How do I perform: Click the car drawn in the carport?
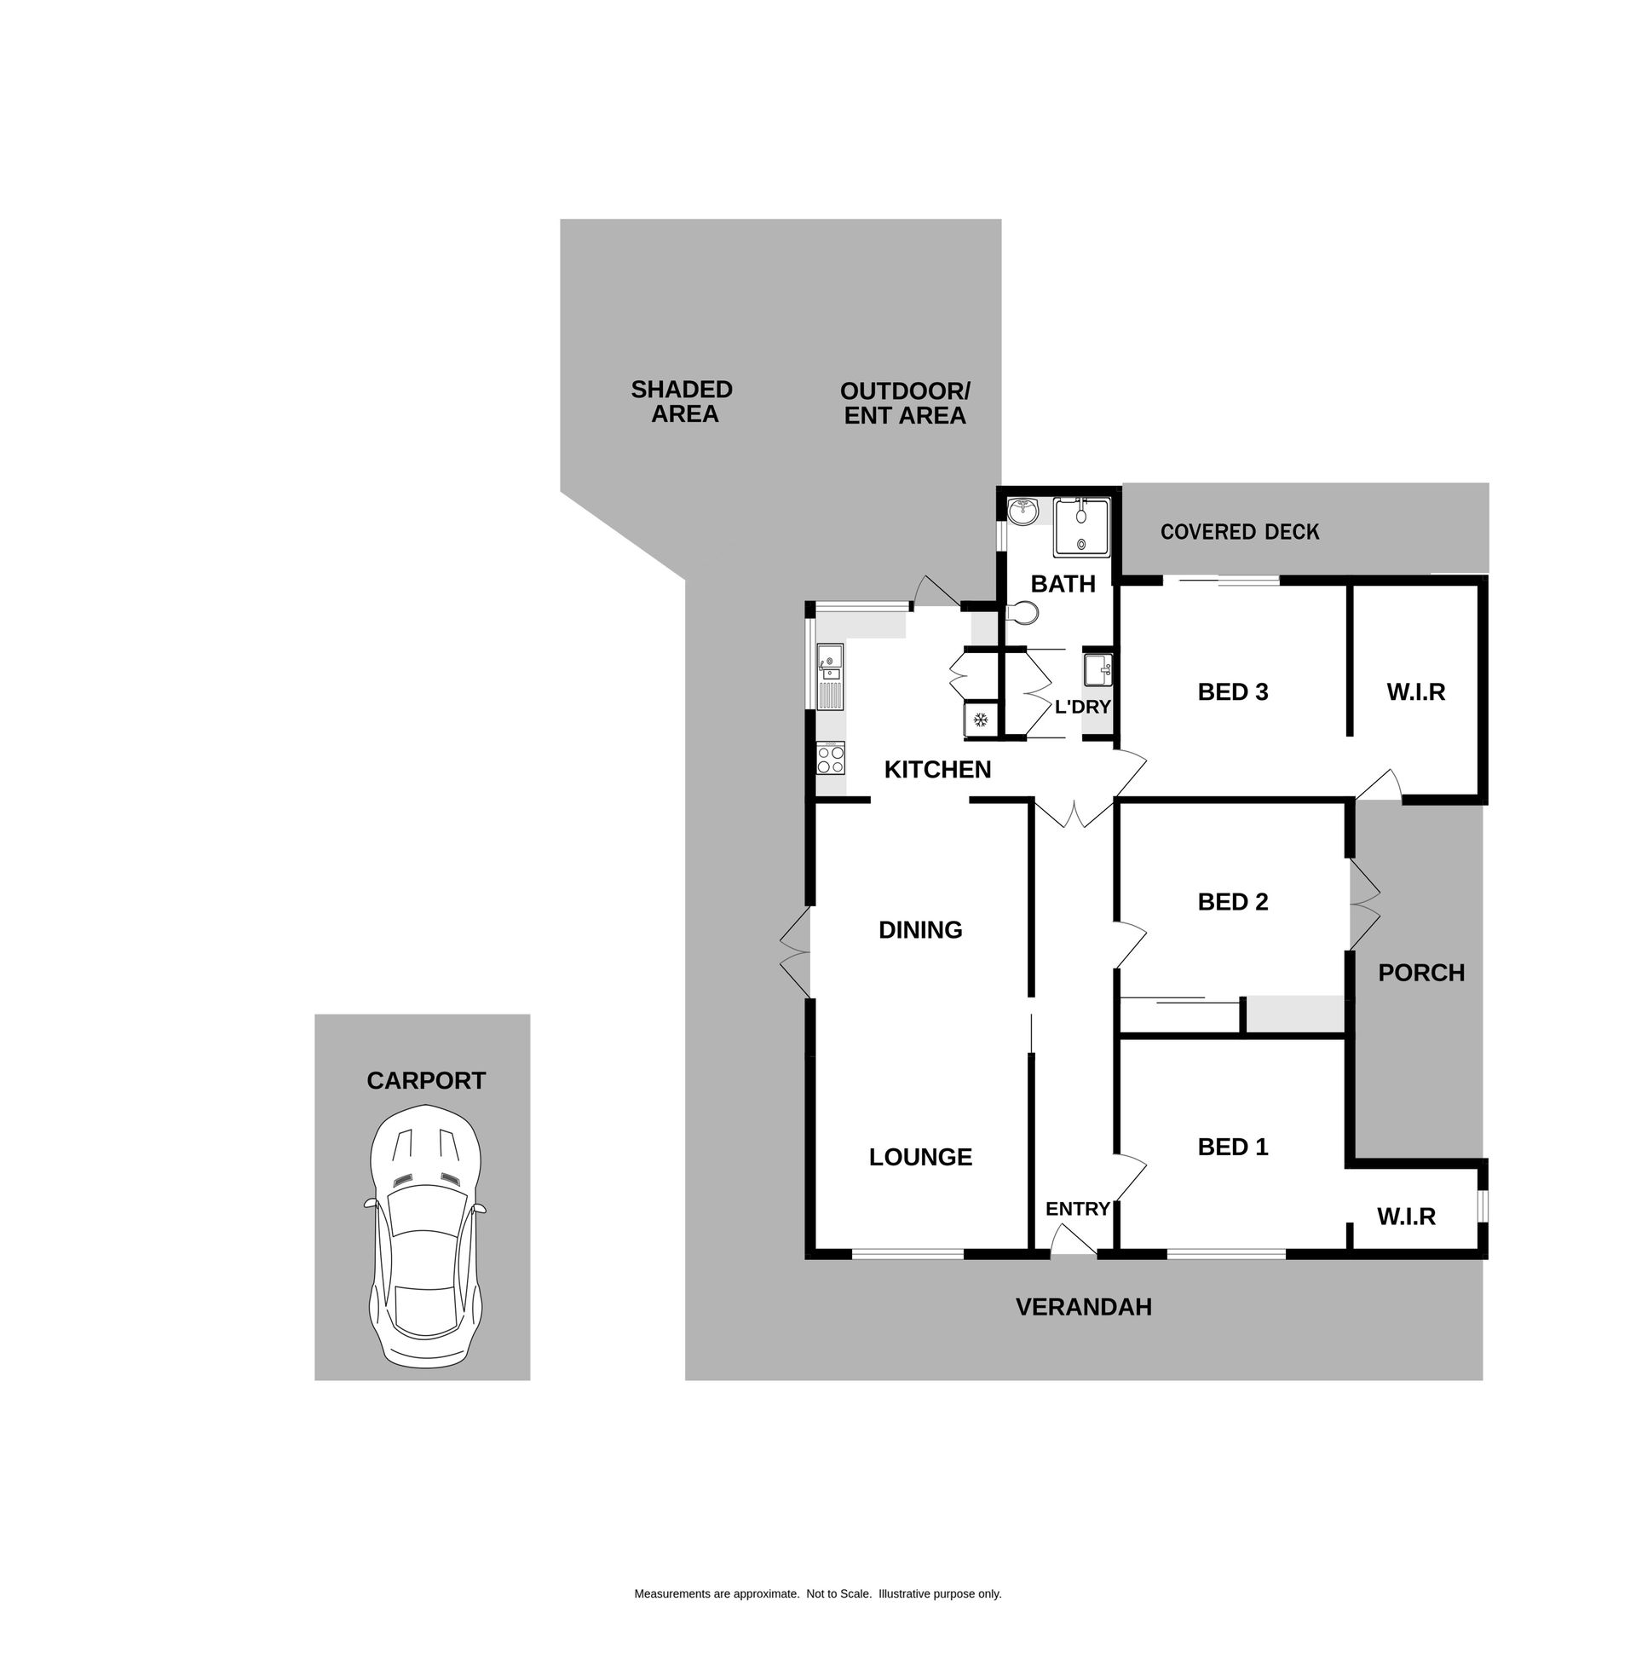tap(424, 1236)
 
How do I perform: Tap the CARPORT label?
tap(426, 1080)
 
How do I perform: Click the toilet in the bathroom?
tap(1022, 614)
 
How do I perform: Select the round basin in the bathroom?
tap(1022, 511)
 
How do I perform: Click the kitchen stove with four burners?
tap(831, 758)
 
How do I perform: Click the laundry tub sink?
tap(1097, 669)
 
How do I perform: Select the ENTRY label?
tap(1078, 1209)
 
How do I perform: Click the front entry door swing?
tap(1072, 1240)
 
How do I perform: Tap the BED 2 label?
tap(1232, 902)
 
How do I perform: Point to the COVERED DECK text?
tap(1239, 532)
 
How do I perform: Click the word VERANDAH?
tap(1083, 1307)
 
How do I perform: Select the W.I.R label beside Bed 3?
tap(1415, 692)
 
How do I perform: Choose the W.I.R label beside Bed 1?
tap(1406, 1217)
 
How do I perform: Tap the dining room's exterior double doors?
tap(795, 951)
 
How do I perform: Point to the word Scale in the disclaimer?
tap(855, 1593)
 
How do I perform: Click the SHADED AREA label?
tap(683, 402)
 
